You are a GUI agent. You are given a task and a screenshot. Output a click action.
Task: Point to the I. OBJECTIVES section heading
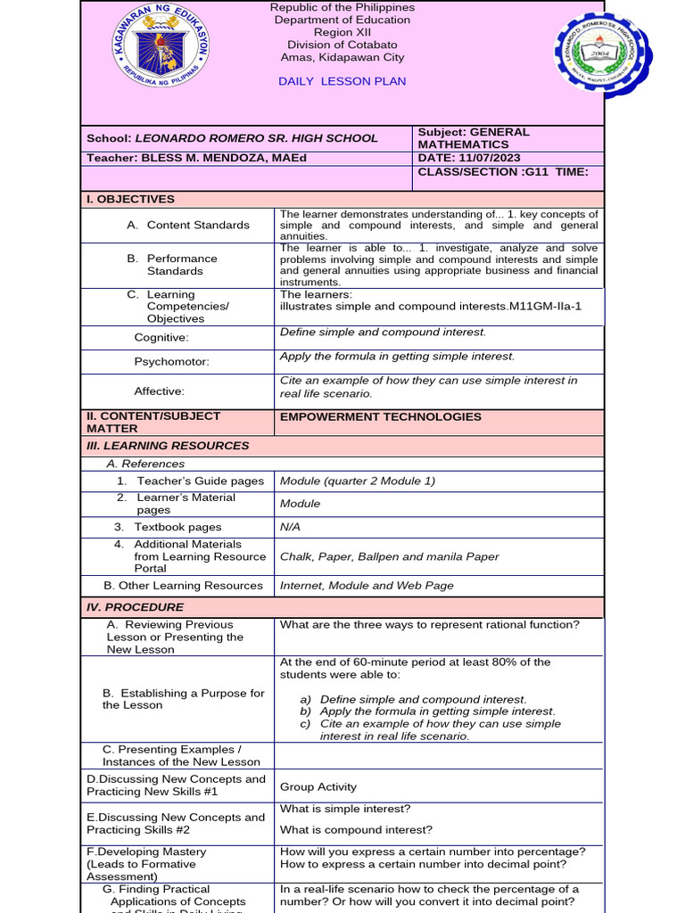130,199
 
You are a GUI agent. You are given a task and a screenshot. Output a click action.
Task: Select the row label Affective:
159,391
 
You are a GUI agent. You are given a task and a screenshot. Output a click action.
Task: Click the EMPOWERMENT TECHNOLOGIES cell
380,416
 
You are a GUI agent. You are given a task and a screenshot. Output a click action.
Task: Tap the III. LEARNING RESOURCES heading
168,446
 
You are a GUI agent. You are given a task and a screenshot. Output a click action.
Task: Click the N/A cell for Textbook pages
290,527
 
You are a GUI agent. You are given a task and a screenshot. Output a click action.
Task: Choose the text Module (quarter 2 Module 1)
358,481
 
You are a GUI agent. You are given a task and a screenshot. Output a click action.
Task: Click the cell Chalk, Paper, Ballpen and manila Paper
389,556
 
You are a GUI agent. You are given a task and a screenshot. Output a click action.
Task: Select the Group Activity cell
318,786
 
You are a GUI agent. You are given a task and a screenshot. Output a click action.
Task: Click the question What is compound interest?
356,830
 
